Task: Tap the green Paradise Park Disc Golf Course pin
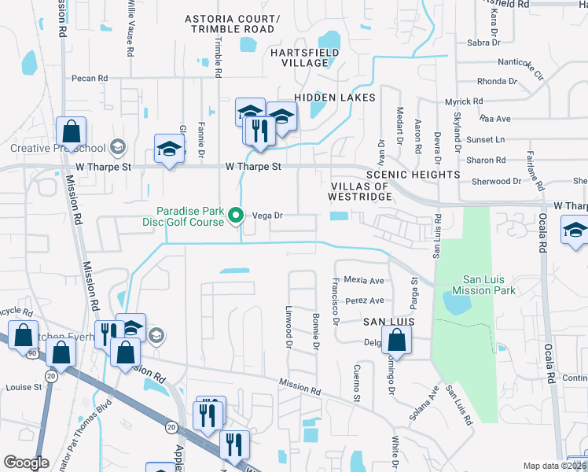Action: pyautogui.click(x=234, y=215)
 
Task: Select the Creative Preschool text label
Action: pyautogui.click(x=57, y=148)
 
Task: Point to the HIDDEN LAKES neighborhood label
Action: pyautogui.click(x=334, y=97)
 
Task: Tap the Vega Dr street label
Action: pyautogui.click(x=266, y=215)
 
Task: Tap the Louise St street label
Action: pyautogui.click(x=24, y=387)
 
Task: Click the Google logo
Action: pyautogui.click(x=26, y=462)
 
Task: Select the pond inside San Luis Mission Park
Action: pyautogui.click(x=457, y=301)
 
